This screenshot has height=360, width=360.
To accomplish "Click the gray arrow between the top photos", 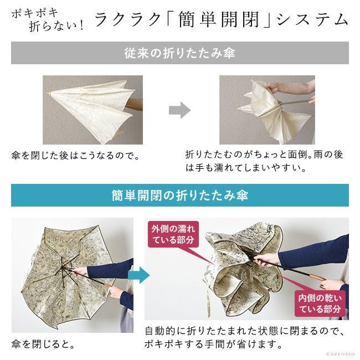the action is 180,110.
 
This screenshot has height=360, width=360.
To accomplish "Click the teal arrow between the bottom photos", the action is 139,275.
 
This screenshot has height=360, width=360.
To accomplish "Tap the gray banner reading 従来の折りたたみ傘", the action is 180,53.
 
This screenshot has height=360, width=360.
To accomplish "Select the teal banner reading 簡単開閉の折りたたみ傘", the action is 180,195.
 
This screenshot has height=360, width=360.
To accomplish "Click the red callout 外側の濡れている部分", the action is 173,234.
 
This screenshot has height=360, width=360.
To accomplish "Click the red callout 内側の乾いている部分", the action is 320,304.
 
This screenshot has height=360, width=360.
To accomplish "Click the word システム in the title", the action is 313,19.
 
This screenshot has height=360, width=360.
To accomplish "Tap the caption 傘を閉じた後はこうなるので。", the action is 75,156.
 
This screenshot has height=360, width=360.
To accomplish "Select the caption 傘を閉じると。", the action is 43,344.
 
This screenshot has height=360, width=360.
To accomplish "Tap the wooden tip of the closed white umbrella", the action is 48,94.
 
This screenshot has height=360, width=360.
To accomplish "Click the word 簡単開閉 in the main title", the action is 219,19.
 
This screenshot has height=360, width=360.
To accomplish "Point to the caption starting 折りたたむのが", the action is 264,161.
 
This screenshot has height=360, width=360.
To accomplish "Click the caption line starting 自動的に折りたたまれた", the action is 245,331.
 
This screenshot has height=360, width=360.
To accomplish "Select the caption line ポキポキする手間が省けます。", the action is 213,344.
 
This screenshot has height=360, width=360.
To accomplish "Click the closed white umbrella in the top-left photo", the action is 92,108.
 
